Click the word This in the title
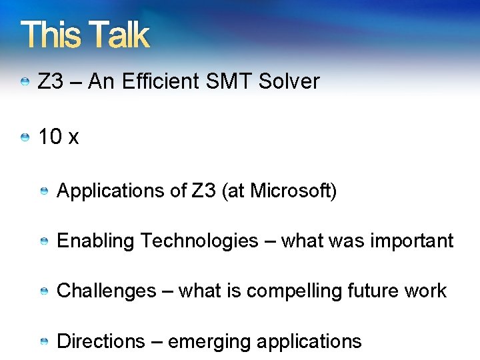(x=51, y=35)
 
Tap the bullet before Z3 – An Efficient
(x=25, y=82)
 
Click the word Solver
(x=289, y=82)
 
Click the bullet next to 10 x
(x=25, y=138)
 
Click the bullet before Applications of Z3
(x=43, y=192)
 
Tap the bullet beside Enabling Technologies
(x=43, y=241)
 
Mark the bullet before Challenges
(x=43, y=291)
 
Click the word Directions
(x=101, y=341)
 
